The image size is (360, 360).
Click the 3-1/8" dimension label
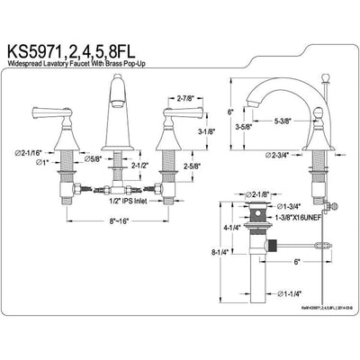click(x=204, y=131)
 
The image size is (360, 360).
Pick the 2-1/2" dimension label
click(x=138, y=166)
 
